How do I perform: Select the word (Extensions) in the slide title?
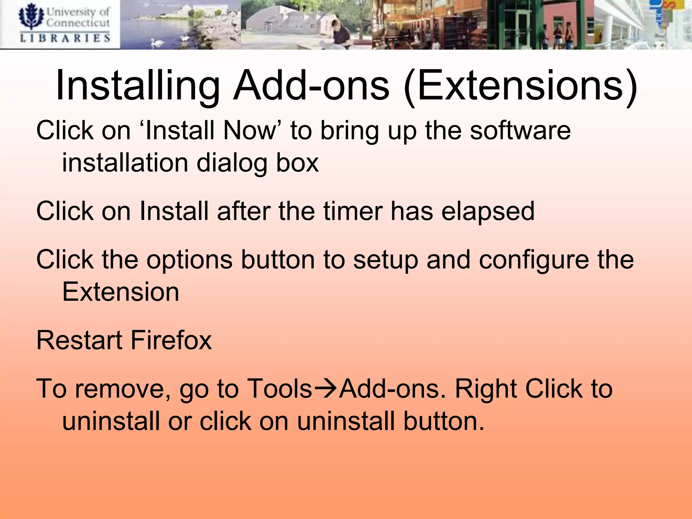click(520, 86)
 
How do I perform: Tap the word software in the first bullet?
click(520, 131)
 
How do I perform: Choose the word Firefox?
click(171, 341)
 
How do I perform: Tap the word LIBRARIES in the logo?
click(65, 38)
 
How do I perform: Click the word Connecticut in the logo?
click(78, 23)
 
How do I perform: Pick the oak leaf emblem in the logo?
click(31, 16)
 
